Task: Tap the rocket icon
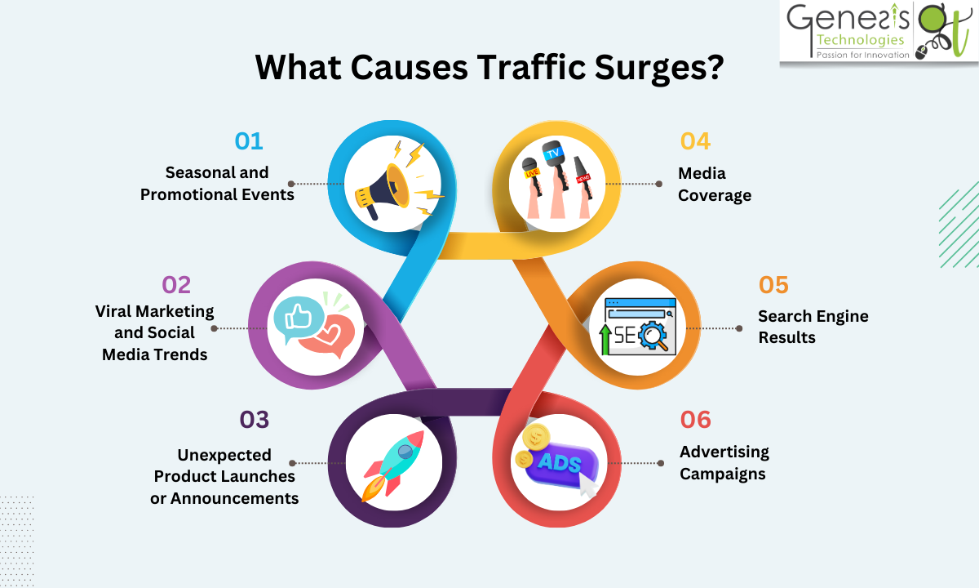394,464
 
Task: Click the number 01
249,141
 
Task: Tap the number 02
176,285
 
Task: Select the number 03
254,420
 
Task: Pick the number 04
695,141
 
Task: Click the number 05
773,285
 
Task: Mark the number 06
695,420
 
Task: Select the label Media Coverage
715,185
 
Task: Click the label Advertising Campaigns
724,463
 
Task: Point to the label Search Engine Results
813,327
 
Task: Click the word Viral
115,312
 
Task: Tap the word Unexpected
224,455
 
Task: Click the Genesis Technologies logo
877,33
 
